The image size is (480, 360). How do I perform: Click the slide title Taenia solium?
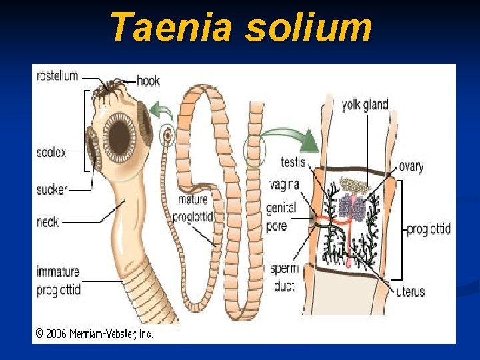(240, 27)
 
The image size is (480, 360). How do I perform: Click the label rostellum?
(57, 76)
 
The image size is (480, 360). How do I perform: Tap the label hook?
(148, 81)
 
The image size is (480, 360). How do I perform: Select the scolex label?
(51, 153)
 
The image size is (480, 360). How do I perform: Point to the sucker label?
(52, 189)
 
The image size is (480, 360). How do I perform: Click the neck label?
(47, 222)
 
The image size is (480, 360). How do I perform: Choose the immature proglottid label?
(58, 281)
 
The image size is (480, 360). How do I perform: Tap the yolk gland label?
(365, 105)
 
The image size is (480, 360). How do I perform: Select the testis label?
(293, 162)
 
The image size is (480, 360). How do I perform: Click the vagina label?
(285, 184)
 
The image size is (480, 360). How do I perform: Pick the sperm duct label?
(283, 277)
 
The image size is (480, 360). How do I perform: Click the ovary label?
(411, 166)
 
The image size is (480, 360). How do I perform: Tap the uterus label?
(410, 291)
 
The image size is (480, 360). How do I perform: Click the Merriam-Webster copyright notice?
(94, 333)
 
